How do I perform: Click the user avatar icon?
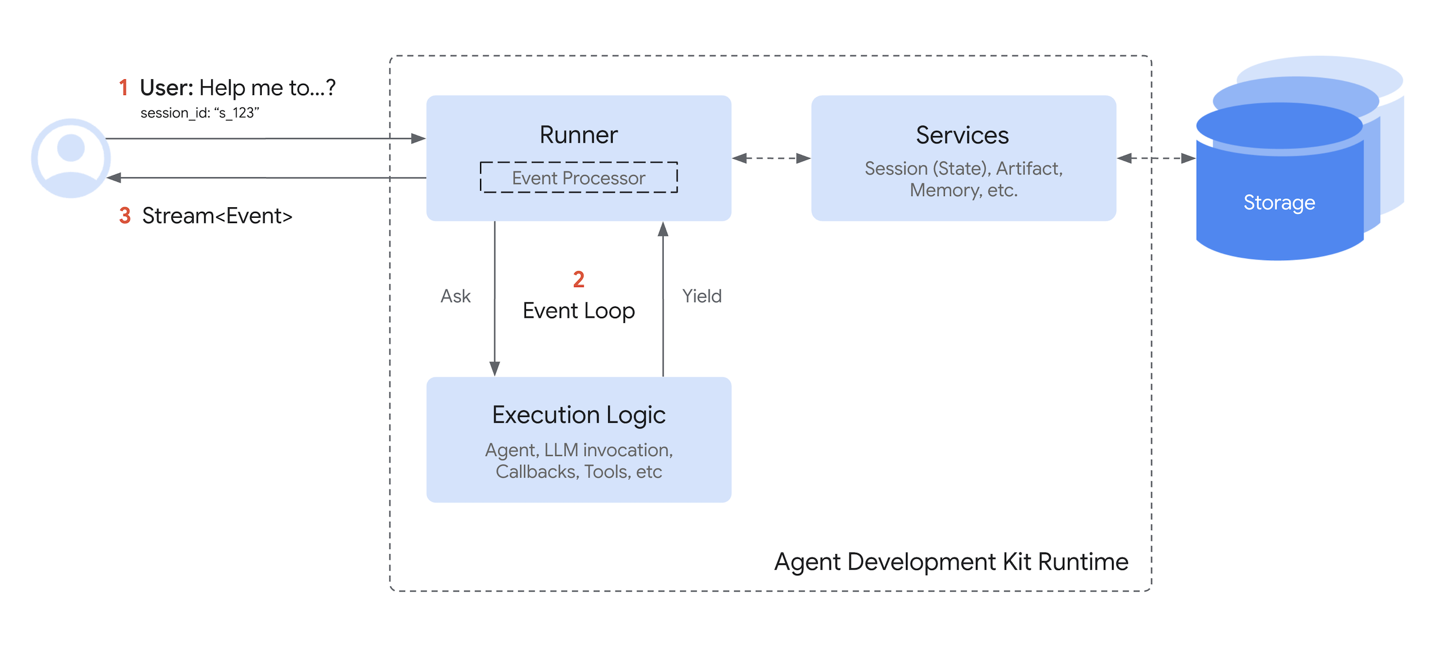(70, 158)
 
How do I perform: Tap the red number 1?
(123, 87)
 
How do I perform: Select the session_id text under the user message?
(200, 113)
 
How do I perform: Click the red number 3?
(124, 215)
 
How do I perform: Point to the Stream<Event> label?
(217, 215)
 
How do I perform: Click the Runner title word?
(578, 135)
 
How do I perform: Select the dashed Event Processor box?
(578, 177)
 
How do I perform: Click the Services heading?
(962, 135)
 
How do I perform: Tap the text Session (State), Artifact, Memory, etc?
(963, 179)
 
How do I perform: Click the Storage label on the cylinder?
(1279, 203)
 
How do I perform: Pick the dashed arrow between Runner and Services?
(771, 158)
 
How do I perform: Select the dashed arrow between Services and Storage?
(1156, 158)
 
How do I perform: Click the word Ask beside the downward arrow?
(455, 296)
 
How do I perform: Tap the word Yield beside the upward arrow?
(701, 296)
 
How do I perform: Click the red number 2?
(578, 279)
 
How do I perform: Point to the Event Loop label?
(578, 311)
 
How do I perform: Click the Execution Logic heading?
(578, 415)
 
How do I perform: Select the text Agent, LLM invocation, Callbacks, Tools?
(578, 461)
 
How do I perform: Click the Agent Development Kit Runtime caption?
(951, 562)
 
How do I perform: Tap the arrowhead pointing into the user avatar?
(114, 177)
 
